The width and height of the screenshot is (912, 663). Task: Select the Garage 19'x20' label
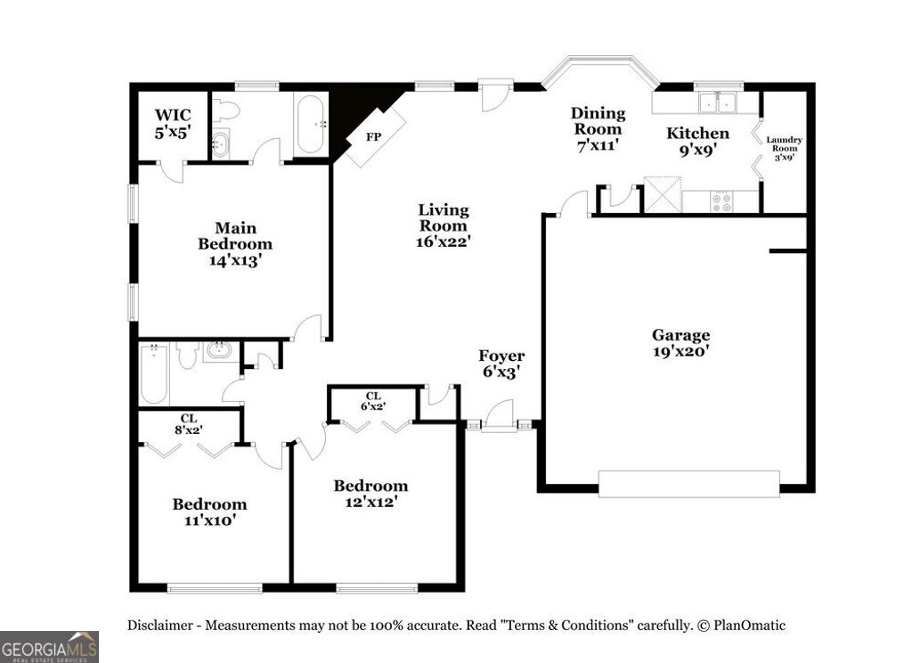(x=680, y=343)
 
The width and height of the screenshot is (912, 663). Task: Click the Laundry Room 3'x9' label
(x=785, y=149)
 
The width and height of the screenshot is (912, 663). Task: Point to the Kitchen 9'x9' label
(x=698, y=142)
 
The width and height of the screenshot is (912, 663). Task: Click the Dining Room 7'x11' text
(x=598, y=128)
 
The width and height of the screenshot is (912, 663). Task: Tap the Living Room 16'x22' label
(x=444, y=225)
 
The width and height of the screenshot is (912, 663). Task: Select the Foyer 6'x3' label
(x=501, y=364)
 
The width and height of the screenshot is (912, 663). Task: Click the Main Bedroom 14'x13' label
(x=234, y=244)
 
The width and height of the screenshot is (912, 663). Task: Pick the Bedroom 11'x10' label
(x=209, y=512)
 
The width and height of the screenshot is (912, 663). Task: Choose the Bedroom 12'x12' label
(x=370, y=493)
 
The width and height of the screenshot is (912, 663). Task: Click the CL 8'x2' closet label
(x=189, y=424)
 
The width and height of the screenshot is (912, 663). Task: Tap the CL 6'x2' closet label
(x=373, y=400)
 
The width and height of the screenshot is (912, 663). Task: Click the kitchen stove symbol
(x=721, y=201)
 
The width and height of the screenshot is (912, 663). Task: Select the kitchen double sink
(x=720, y=102)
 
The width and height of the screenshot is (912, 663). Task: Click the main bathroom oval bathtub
(x=312, y=126)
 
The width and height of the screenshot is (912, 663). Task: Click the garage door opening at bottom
(x=688, y=483)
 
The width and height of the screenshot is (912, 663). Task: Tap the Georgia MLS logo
(x=49, y=646)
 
